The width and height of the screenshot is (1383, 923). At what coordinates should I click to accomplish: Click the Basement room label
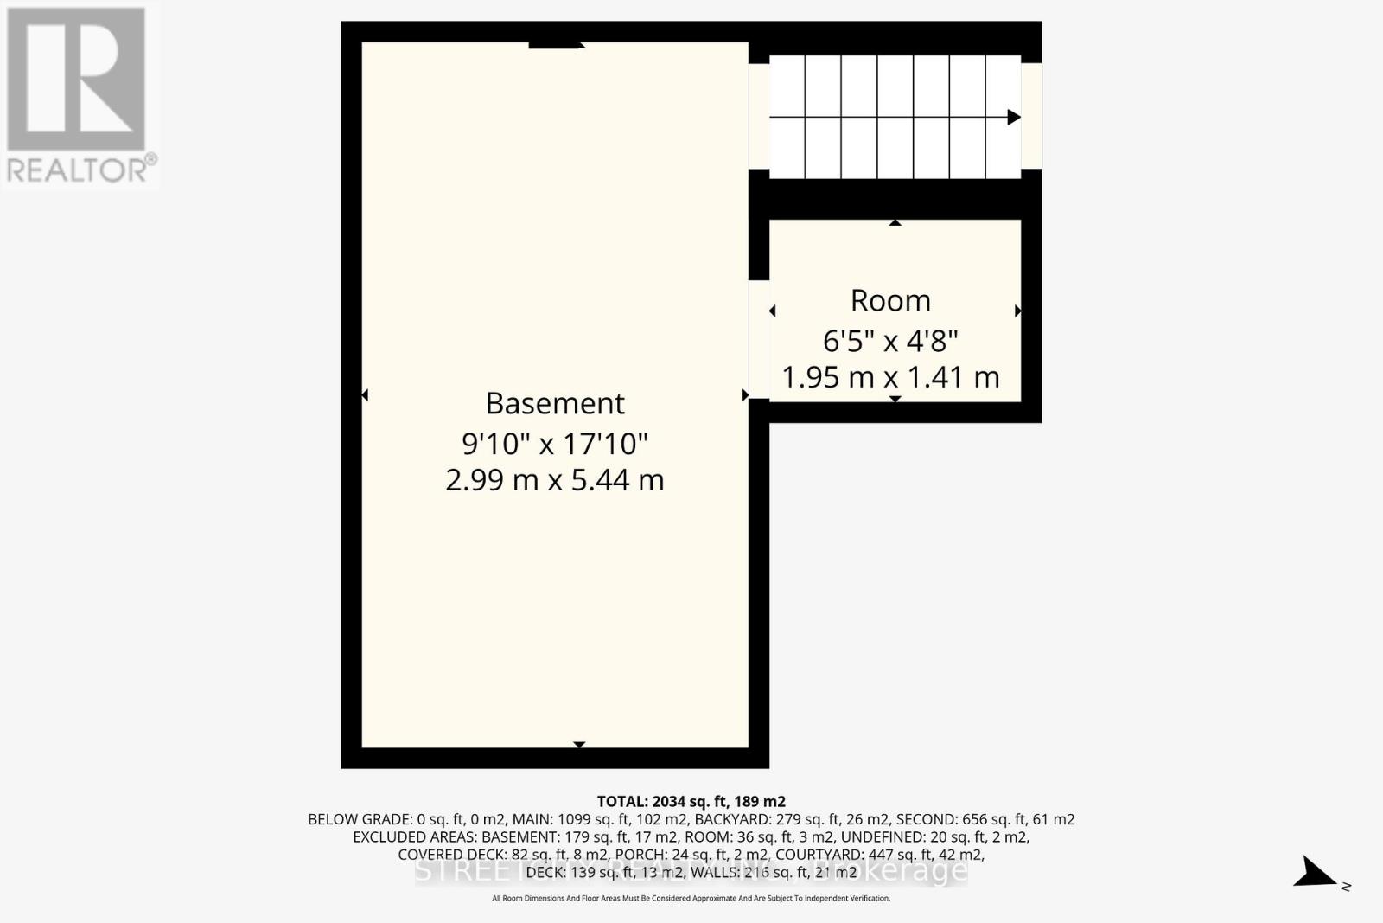pos(555,403)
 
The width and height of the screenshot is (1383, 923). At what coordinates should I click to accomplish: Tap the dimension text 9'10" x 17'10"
pos(555,444)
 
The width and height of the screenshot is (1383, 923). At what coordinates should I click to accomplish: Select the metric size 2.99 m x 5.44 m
pos(555,479)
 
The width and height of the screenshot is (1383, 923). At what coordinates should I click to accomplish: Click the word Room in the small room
pos(890,300)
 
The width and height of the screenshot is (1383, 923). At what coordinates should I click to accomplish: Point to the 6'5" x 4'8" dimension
pos(890,341)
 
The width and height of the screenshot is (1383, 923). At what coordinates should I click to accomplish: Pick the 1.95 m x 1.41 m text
pos(890,377)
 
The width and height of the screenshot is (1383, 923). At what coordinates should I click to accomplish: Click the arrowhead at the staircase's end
pos(1014,117)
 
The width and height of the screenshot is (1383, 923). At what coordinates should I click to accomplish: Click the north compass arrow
pos(1317,873)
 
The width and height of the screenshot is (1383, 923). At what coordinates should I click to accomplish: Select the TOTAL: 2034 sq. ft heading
pos(691,801)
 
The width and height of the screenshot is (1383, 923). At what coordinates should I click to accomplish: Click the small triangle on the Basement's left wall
pos(365,395)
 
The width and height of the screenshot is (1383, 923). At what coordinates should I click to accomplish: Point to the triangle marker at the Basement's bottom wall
pos(579,744)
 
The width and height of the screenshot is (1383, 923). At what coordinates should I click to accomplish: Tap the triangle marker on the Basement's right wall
pos(745,395)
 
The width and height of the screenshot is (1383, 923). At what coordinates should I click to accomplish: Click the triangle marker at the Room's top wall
pos(895,223)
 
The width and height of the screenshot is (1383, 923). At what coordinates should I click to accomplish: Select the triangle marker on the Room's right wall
pos(1017,311)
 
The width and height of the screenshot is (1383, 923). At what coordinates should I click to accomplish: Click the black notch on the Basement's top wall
pos(555,45)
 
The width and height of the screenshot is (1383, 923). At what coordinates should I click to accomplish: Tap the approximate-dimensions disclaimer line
pos(691,899)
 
